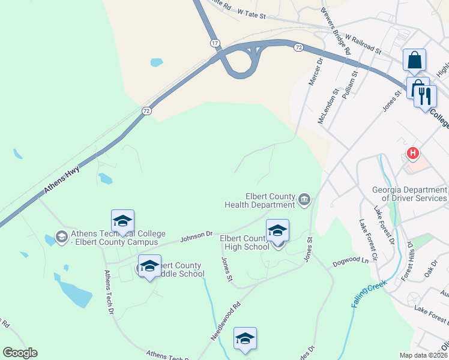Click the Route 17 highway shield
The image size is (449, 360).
click(x=215, y=43)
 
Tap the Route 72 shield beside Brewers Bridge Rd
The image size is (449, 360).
click(x=298, y=47)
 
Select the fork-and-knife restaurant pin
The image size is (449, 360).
click(x=425, y=96)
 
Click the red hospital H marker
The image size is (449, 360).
click(x=412, y=154)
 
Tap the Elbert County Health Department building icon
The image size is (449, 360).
click(x=304, y=199)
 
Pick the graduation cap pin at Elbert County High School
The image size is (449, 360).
click(x=277, y=230)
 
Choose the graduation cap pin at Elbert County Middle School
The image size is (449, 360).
click(x=149, y=265)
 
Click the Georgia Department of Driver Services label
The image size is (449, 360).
click(x=409, y=194)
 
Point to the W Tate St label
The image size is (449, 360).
click(x=251, y=13)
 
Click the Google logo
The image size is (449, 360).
click(x=20, y=353)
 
